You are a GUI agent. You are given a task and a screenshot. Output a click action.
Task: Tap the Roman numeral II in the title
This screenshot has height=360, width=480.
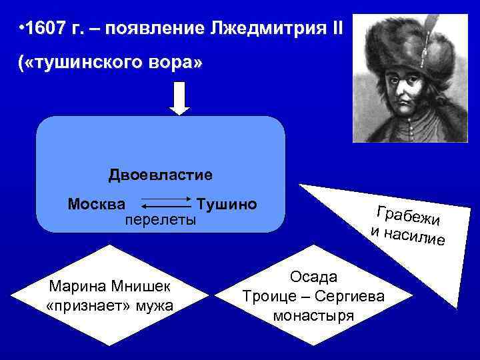[x=335, y=29]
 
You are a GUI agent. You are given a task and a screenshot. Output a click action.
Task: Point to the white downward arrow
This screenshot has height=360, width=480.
[x=180, y=99]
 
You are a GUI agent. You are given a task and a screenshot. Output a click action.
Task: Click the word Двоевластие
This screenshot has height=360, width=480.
[x=161, y=175]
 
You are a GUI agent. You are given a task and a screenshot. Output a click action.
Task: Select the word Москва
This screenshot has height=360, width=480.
[x=101, y=203]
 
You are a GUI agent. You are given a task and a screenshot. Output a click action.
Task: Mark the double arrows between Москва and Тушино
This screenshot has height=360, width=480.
[x=167, y=204]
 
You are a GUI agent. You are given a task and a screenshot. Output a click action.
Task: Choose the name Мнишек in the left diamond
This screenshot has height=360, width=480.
[x=145, y=287]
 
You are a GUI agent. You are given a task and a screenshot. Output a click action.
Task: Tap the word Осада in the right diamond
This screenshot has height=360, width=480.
[x=313, y=276]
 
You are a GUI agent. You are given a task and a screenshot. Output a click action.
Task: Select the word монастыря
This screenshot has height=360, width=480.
[x=313, y=315]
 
